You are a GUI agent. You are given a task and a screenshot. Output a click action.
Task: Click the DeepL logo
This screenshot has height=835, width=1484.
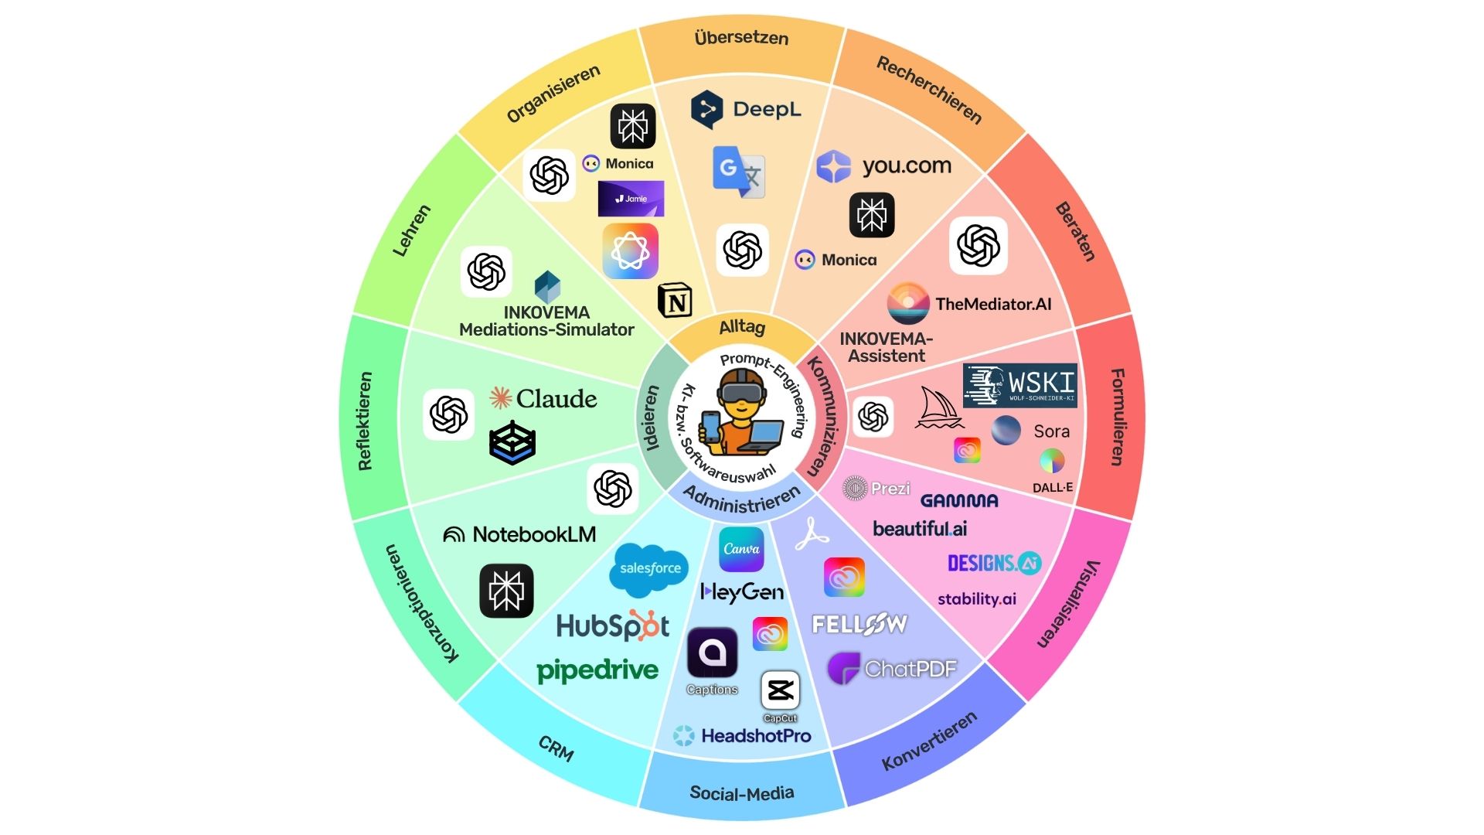tap(746, 109)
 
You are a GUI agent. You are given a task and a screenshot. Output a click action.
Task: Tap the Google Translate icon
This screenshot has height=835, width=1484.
tap(738, 172)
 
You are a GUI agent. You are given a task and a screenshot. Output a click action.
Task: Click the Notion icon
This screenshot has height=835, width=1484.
tap(675, 301)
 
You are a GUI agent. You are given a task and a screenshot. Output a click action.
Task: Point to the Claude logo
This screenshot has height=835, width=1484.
tap(543, 398)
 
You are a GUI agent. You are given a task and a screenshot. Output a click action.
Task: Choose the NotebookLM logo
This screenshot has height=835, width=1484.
tap(519, 534)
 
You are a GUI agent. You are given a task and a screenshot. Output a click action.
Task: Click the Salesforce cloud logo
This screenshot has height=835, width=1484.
tap(648, 569)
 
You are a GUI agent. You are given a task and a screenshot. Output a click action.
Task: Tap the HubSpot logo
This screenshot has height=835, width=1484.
tap(613, 625)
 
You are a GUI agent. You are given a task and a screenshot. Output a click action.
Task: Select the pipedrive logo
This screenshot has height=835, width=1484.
tap(597, 670)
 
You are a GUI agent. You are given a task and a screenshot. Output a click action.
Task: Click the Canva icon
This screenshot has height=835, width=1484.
tap(741, 549)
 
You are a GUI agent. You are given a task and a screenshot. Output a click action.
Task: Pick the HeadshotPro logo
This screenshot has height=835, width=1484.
tap(742, 735)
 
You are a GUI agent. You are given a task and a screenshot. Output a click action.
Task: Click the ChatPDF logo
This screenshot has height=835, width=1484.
tap(892, 669)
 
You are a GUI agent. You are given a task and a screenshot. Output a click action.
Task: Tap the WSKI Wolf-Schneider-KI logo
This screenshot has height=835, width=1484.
tap(1019, 384)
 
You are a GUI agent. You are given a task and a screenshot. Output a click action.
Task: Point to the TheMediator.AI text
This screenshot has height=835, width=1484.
tap(993, 304)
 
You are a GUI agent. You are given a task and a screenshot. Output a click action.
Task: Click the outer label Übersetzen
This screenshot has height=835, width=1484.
tap(741, 37)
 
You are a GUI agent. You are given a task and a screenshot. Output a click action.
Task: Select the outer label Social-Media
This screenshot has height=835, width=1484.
tap(741, 793)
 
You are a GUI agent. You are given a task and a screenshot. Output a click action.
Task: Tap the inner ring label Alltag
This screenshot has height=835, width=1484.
tap(742, 327)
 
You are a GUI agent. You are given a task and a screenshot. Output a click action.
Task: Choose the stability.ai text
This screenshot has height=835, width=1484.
tap(977, 599)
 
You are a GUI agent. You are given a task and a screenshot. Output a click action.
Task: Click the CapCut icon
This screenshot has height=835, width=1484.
tap(780, 690)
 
